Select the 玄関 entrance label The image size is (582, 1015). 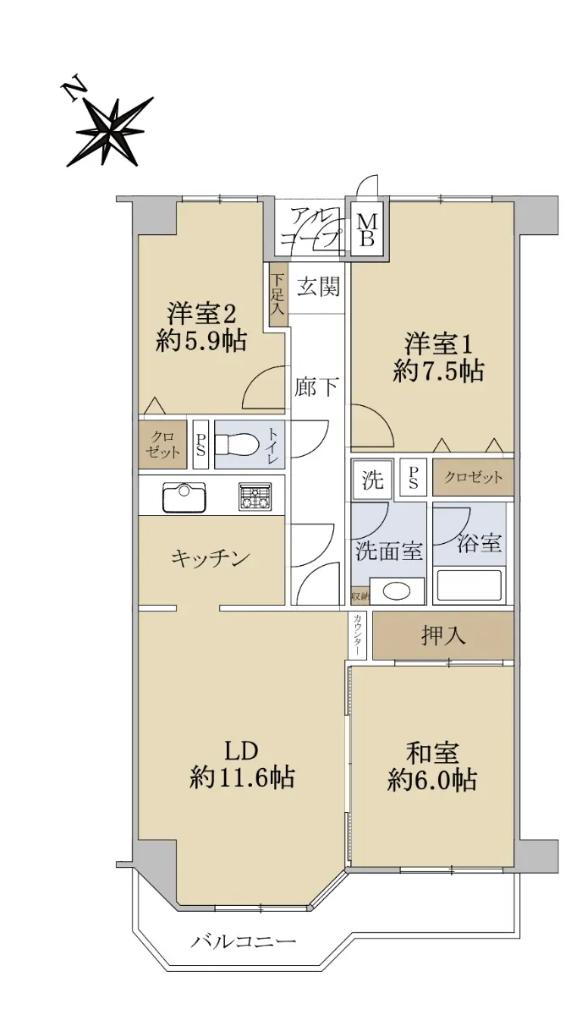coord(318,288)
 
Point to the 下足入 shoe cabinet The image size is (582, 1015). coord(277,294)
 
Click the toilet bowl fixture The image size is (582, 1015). coord(236,445)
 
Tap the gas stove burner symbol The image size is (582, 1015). coord(255,497)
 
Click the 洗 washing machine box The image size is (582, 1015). coord(372,480)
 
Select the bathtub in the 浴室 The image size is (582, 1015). coord(469,585)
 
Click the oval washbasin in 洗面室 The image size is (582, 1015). coord(397,591)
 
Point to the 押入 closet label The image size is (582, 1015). coord(443,635)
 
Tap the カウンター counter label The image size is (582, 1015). coord(358,634)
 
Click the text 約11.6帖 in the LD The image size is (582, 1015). coord(242,777)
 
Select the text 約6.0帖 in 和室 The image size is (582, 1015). coord(431,780)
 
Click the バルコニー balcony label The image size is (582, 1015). coord(243,941)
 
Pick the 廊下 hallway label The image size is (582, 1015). coord(316,387)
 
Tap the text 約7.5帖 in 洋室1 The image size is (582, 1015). coord(438,371)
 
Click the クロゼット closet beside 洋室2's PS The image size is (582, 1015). coord(162,445)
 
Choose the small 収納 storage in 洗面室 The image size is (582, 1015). coord(360,597)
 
